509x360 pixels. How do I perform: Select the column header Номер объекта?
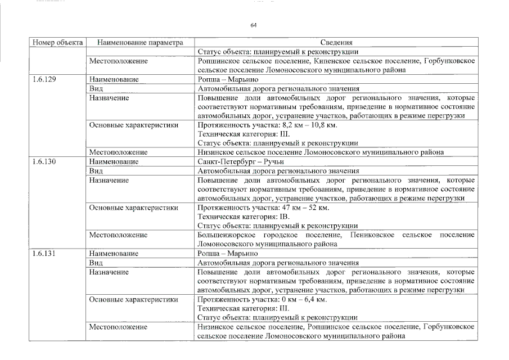click(x=58, y=42)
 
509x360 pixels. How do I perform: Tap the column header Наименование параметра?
click(x=140, y=42)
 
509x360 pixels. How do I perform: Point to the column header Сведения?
click(x=336, y=42)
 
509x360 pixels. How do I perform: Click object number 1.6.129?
click(x=44, y=80)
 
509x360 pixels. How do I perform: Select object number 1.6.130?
click(x=44, y=161)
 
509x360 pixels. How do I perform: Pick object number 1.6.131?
click(x=44, y=254)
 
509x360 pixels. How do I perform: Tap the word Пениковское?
click(x=373, y=235)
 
